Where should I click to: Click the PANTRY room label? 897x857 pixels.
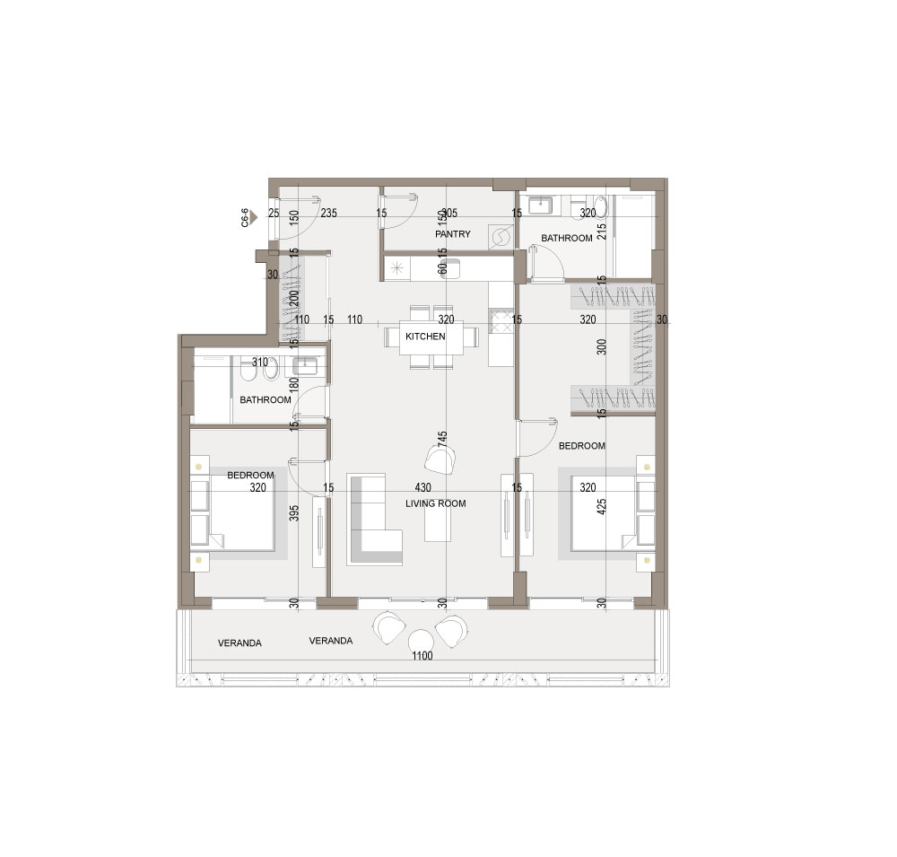click(452, 234)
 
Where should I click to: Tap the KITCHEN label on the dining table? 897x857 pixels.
click(425, 337)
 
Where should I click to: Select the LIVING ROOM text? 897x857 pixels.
click(435, 503)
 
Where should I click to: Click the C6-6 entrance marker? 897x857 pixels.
click(248, 217)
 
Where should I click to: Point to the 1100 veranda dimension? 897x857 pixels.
click(422, 656)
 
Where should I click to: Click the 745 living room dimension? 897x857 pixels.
click(442, 439)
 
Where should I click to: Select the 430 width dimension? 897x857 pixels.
click(422, 488)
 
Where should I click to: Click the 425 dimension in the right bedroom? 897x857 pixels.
click(601, 507)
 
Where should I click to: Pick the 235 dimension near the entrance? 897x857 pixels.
click(329, 214)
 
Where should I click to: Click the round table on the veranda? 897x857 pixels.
click(420, 640)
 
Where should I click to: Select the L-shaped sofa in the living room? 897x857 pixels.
click(373, 520)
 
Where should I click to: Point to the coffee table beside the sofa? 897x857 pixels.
click(437, 524)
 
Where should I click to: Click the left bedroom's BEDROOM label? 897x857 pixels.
click(250, 475)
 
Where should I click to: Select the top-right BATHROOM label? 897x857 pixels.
click(566, 238)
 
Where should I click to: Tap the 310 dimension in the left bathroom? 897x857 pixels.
click(260, 363)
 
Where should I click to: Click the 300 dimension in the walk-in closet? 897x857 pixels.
click(601, 347)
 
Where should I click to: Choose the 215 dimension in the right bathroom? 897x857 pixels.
click(601, 232)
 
